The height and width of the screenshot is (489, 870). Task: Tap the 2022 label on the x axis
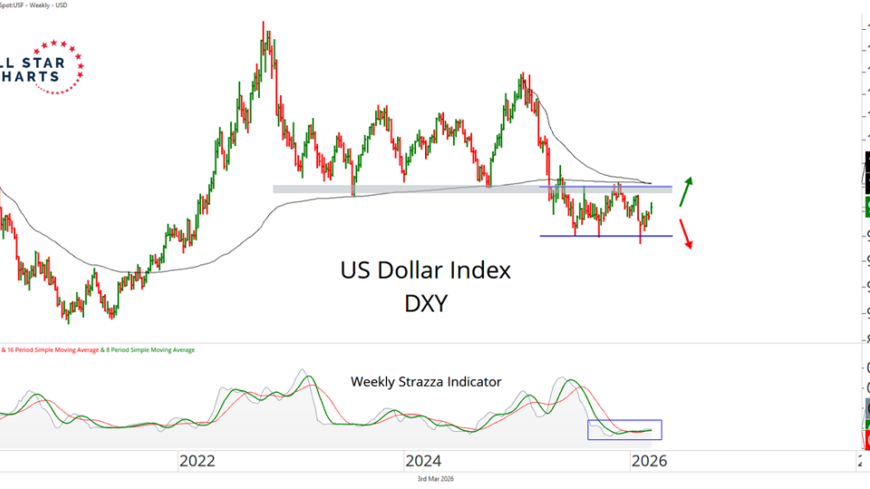(197, 461)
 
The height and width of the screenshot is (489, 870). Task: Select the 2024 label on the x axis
(423, 461)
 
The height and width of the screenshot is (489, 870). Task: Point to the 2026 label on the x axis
(649, 461)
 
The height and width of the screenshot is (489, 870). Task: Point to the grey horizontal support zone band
(408, 189)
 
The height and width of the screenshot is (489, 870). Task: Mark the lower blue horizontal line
(606, 236)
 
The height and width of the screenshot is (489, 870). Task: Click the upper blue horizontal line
(606, 187)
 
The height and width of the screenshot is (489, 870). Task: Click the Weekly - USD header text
(53, 5)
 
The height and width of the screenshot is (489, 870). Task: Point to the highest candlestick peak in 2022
(264, 24)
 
